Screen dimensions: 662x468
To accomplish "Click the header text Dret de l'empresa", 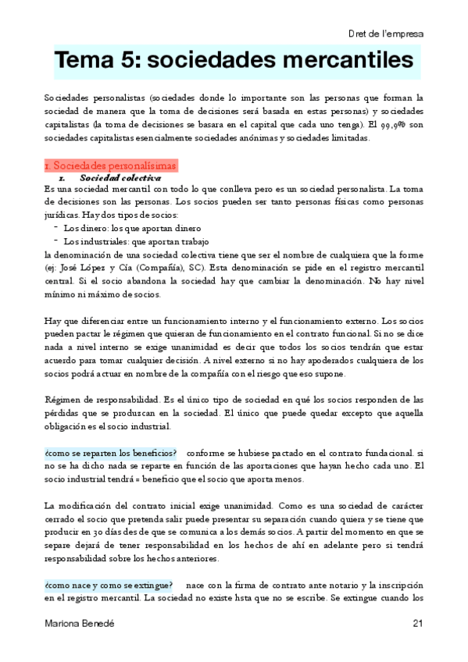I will point(386,34).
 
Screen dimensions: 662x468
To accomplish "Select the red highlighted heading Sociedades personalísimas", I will point(111,165).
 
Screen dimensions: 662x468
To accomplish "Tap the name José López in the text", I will point(83,266).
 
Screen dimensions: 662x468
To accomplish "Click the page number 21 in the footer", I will point(417,623).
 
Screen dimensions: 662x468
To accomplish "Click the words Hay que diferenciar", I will point(84,321).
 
